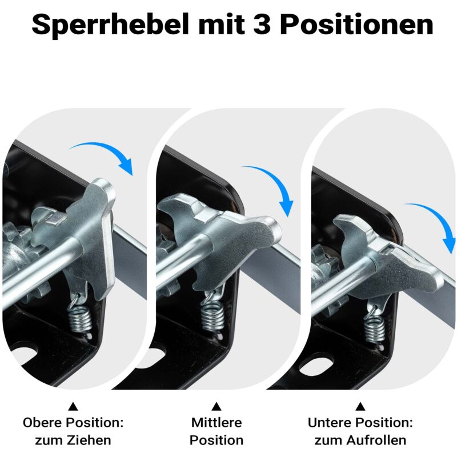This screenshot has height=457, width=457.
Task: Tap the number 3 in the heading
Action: point(264,25)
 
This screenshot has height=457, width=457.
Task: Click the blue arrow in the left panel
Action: point(109,154)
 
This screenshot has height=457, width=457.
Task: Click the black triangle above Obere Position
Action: point(73,407)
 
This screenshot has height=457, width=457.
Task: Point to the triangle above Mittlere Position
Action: point(217,407)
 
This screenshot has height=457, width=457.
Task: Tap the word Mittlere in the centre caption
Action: point(217,423)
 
